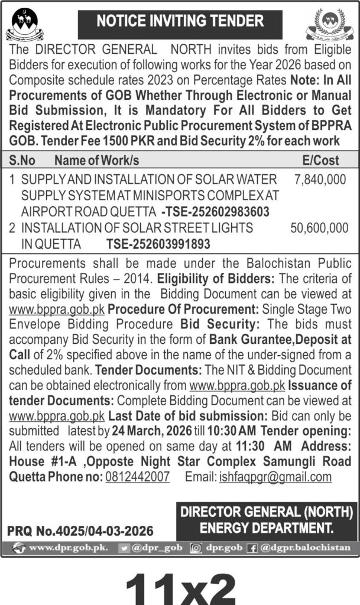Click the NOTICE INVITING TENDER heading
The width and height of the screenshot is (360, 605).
(180, 21)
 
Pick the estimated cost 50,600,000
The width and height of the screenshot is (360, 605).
(320, 227)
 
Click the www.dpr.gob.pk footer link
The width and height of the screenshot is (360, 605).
(68, 547)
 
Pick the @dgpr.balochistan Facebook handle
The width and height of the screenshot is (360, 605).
(306, 547)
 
